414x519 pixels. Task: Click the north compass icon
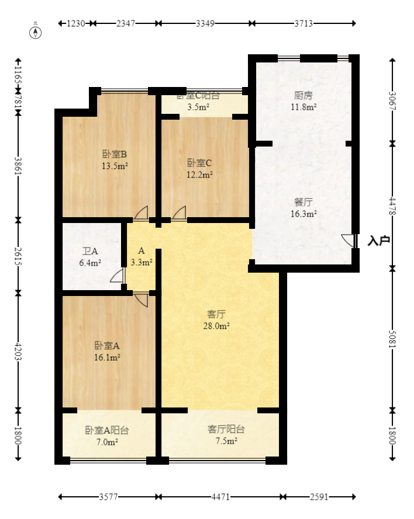coord(36,32)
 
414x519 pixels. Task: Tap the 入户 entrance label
coord(379,241)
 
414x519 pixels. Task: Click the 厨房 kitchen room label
coord(303,101)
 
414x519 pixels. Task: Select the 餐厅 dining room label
coord(303,208)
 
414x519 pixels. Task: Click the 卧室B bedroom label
coord(115,159)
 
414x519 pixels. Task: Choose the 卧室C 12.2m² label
coord(199,168)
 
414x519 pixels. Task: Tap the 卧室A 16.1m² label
coord(107,351)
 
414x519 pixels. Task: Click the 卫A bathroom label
coord(90,257)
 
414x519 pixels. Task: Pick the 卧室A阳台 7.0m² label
coord(106,436)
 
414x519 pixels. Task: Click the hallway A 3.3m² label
coord(141,257)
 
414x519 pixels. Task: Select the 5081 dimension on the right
coord(392,339)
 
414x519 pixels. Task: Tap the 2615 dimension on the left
coord(18,256)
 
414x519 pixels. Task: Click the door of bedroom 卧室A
coord(141,299)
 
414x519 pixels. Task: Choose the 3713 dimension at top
coord(303,23)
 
